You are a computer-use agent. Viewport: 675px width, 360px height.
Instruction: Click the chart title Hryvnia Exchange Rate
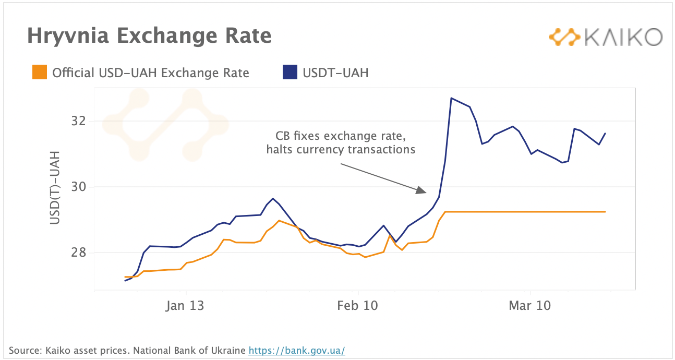tap(149, 36)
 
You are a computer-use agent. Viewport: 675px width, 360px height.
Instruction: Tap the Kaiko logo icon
tap(564, 37)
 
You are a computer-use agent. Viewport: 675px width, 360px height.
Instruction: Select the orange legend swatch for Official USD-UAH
tap(40, 73)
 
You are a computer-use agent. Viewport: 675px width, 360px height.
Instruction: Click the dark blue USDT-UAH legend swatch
tap(290, 73)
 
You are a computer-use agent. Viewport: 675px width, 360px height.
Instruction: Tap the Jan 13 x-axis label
tap(185, 305)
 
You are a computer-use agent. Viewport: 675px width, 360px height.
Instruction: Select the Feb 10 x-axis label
tap(357, 305)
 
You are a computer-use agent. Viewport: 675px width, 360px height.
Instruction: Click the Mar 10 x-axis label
tap(529, 305)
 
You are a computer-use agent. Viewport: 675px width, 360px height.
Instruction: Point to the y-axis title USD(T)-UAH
tap(55, 188)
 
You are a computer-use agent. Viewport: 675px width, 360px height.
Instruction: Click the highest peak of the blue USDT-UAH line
tap(451, 98)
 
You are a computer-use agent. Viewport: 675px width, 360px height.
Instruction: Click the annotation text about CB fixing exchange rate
tap(340, 143)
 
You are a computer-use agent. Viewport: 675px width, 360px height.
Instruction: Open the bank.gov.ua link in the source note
tap(296, 350)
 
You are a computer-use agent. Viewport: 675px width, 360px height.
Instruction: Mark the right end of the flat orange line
tap(605, 212)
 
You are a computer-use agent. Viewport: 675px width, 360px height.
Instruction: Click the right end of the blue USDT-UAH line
tap(605, 133)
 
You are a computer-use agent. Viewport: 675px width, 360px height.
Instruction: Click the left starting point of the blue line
tap(125, 281)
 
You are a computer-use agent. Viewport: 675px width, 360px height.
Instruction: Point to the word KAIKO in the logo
tap(623, 37)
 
